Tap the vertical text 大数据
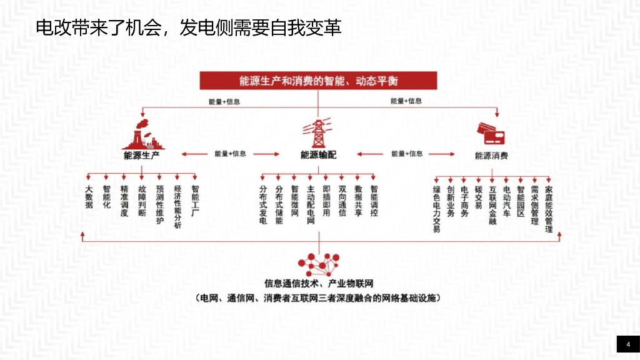[x=89, y=197]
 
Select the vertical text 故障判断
[x=142, y=201]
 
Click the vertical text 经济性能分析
[x=177, y=208]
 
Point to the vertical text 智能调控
[x=374, y=201]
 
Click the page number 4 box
[x=627, y=344]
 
